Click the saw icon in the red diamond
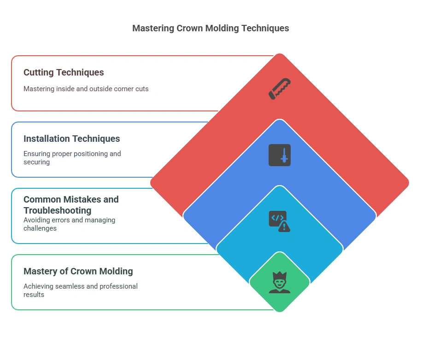[x=280, y=89]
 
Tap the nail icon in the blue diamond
[x=280, y=155]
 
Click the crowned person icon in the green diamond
[x=280, y=282]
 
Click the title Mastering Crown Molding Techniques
[x=211, y=28]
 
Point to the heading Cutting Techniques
[x=64, y=72]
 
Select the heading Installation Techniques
[x=71, y=139]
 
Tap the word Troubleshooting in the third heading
[x=57, y=210]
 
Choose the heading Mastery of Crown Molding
[x=78, y=271]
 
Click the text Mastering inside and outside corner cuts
[x=86, y=88]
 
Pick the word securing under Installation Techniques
[x=36, y=162]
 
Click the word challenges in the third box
[x=40, y=228]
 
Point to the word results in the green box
[x=34, y=294]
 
